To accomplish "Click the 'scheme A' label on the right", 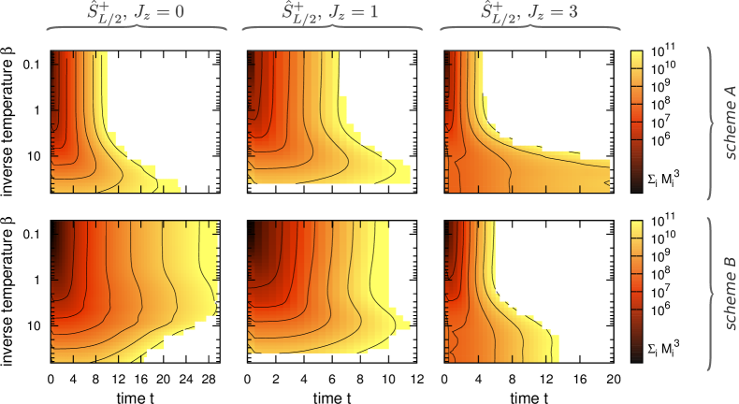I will (732, 122).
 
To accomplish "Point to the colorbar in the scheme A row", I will (636, 121).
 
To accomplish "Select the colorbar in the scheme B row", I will (636, 291).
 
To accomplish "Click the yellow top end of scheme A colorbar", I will (636, 56).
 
